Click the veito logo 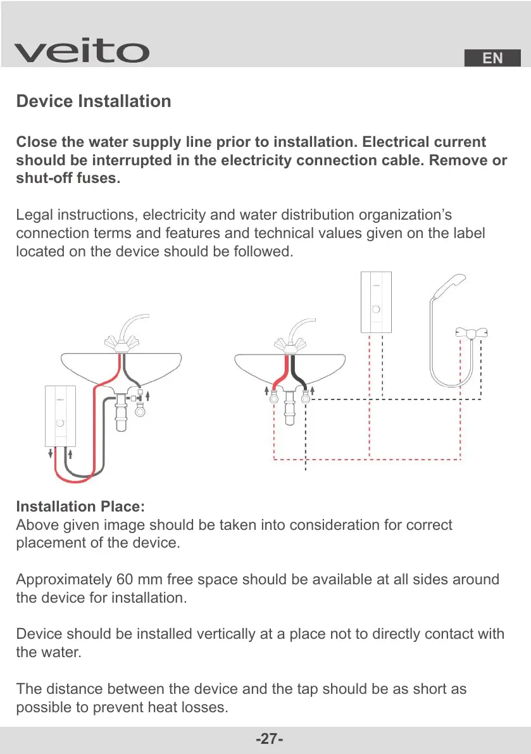pos(82,52)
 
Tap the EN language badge pos(492,58)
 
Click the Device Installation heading pos(93,101)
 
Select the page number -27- pos(269,739)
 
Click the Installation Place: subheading pos(80,507)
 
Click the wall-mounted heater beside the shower pos(377,301)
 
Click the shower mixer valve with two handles pos(472,333)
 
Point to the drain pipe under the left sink pos(122,413)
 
